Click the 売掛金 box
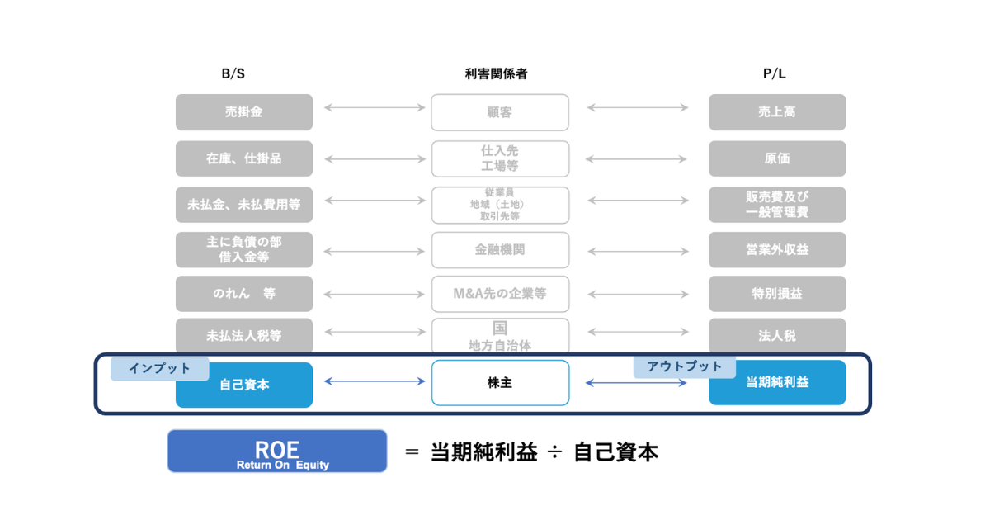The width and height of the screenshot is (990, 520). pyautogui.click(x=244, y=111)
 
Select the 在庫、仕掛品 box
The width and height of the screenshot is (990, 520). pyautogui.click(x=244, y=158)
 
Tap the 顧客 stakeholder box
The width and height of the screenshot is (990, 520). pyautogui.click(x=500, y=112)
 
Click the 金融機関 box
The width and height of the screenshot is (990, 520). pyautogui.click(x=500, y=249)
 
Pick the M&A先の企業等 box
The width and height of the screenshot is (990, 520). pyautogui.click(x=500, y=293)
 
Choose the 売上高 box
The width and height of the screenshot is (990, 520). pyautogui.click(x=777, y=111)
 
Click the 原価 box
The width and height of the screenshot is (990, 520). pyautogui.click(x=777, y=158)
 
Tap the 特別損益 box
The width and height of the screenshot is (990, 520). pyautogui.click(x=777, y=293)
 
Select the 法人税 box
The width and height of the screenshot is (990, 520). pyautogui.click(x=777, y=336)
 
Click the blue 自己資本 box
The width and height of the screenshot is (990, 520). pyautogui.click(x=244, y=385)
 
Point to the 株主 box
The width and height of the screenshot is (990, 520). pyautogui.click(x=500, y=383)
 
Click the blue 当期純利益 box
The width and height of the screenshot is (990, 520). pyautogui.click(x=777, y=383)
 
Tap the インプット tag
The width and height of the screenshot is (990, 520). pyautogui.click(x=160, y=368)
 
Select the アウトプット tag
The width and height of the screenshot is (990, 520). pyautogui.click(x=684, y=366)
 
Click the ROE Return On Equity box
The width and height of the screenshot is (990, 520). pyautogui.click(x=277, y=451)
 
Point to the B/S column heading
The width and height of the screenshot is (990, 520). pyautogui.click(x=233, y=73)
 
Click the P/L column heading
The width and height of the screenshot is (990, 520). pyautogui.click(x=774, y=73)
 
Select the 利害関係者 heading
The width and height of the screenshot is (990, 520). pyautogui.click(x=496, y=73)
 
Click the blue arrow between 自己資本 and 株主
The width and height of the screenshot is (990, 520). pyautogui.click(x=375, y=381)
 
